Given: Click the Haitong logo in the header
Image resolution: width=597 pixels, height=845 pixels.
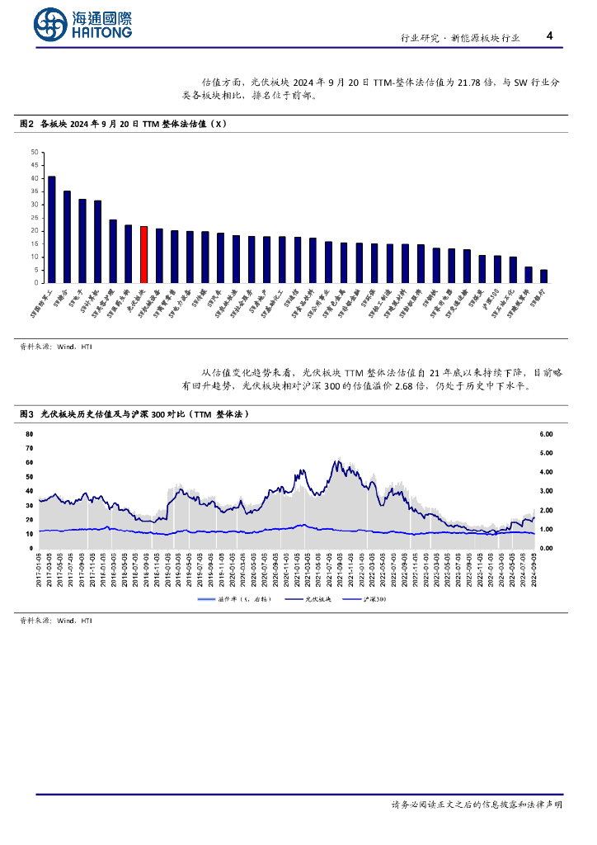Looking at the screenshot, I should (82, 25).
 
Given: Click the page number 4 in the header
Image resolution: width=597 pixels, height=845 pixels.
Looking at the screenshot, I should (549, 36).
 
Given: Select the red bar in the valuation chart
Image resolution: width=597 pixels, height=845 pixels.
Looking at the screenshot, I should (144, 254).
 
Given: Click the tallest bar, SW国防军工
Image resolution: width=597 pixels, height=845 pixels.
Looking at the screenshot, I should (52, 229).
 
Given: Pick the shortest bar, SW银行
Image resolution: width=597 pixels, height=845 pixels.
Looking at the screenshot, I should (543, 276).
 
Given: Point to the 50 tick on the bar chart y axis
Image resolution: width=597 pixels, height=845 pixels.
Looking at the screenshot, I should (34, 152).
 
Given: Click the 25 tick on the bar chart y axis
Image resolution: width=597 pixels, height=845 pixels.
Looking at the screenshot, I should (34, 217).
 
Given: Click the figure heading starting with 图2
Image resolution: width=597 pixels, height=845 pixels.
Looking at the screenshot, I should (122, 125).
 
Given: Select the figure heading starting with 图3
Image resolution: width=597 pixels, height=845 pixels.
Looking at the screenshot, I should (134, 413).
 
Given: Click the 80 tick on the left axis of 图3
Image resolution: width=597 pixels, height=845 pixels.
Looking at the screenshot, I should (30, 433).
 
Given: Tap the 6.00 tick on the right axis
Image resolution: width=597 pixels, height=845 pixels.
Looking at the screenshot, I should (546, 433).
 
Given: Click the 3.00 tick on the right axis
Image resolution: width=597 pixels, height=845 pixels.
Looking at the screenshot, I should (546, 491).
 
